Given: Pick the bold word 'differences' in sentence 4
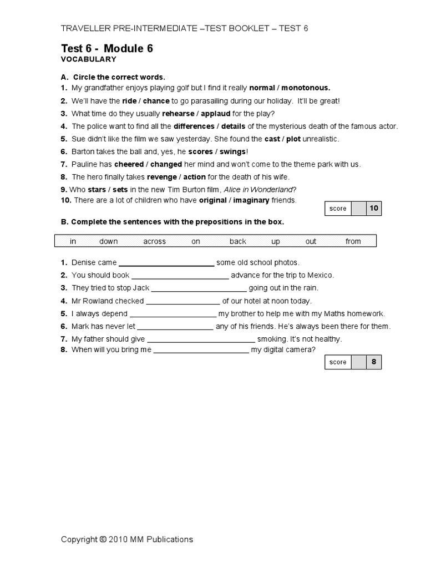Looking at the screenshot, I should (x=194, y=126).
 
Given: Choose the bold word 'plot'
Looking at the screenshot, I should (x=293, y=139).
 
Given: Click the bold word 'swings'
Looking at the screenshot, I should (x=232, y=151).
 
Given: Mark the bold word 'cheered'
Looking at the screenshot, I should (x=129, y=164).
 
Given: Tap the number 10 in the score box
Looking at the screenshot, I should (x=374, y=208).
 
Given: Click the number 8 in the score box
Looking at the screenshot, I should (x=374, y=362).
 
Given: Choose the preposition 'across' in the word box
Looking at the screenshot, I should (x=154, y=241).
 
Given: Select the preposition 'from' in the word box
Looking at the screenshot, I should (x=353, y=241).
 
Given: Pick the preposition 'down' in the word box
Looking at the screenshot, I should (x=109, y=241).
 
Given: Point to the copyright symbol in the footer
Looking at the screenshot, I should (x=103, y=539).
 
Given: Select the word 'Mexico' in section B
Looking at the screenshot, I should (x=322, y=275).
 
